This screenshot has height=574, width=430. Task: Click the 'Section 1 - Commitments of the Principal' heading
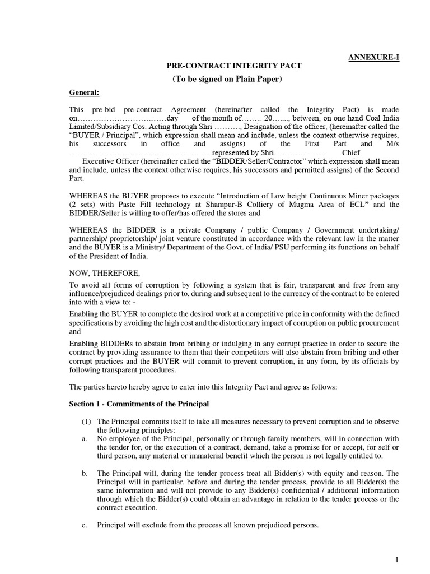[139, 404]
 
